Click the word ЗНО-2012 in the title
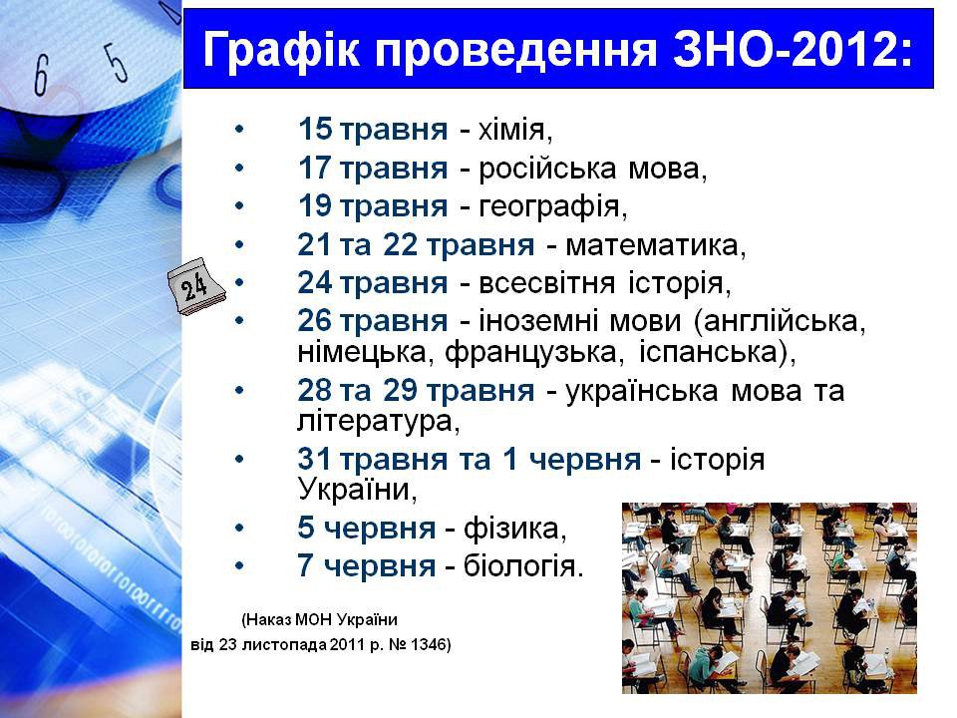(x=793, y=49)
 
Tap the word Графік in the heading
(x=281, y=50)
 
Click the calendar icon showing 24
(x=196, y=286)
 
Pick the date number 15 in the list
(x=315, y=129)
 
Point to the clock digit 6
(x=41, y=75)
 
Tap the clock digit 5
(x=118, y=62)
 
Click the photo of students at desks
(x=769, y=597)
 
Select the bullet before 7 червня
(x=239, y=566)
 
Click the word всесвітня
(x=547, y=283)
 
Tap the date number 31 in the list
(x=315, y=459)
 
